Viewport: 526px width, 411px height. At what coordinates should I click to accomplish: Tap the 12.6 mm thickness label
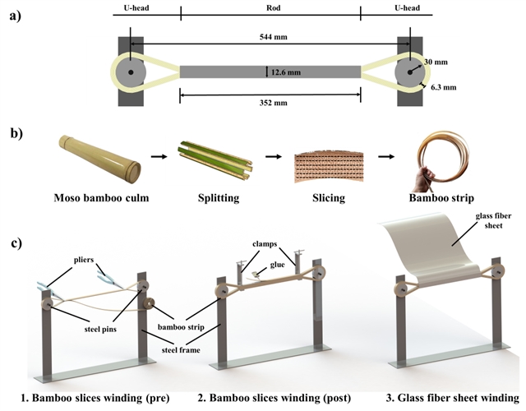pyautogui.click(x=284, y=72)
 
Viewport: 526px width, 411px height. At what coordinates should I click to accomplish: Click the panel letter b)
pyautogui.click(x=14, y=132)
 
